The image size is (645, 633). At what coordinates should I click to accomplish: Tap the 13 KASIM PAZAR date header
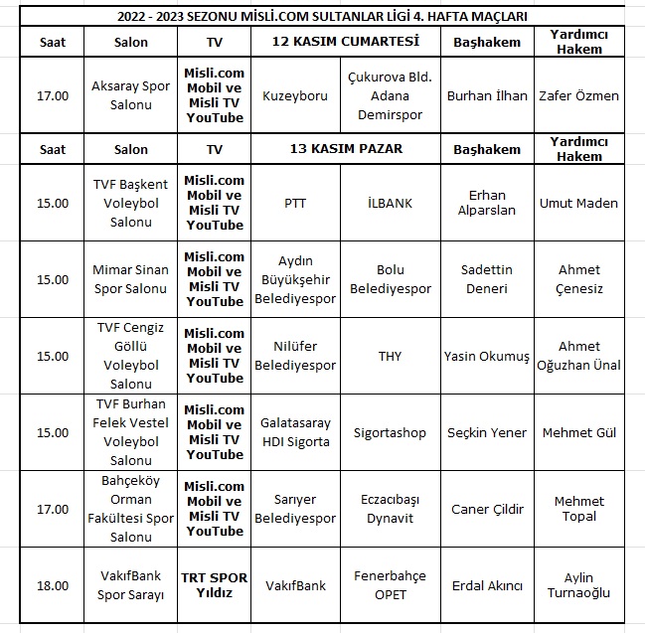(x=345, y=149)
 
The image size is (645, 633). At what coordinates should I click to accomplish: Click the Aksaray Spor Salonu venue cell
(x=130, y=96)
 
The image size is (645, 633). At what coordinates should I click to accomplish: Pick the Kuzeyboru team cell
(x=295, y=96)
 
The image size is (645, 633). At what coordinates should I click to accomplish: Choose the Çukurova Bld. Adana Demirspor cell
(x=390, y=96)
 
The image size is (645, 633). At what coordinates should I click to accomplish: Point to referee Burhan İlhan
(x=487, y=96)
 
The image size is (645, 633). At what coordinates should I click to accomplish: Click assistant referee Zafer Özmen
(x=578, y=96)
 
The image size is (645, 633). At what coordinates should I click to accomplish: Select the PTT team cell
(x=295, y=203)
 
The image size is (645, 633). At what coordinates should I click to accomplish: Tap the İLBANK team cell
(x=390, y=203)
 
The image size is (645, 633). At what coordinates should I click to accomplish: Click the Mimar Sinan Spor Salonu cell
(x=130, y=278)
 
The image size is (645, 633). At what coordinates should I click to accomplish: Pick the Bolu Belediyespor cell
(x=390, y=278)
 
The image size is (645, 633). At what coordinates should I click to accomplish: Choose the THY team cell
(x=390, y=356)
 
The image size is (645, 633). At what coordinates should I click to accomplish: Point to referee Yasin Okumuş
(x=487, y=356)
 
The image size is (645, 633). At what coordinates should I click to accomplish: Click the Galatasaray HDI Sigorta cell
(x=295, y=433)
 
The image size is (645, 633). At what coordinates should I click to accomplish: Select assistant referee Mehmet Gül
(x=578, y=433)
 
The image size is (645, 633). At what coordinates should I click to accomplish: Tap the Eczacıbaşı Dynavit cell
(x=390, y=509)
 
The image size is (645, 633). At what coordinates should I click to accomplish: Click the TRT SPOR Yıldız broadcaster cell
(x=214, y=585)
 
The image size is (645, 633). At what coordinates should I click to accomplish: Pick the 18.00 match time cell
(x=53, y=585)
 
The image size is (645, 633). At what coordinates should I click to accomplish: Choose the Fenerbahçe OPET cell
(x=390, y=585)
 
